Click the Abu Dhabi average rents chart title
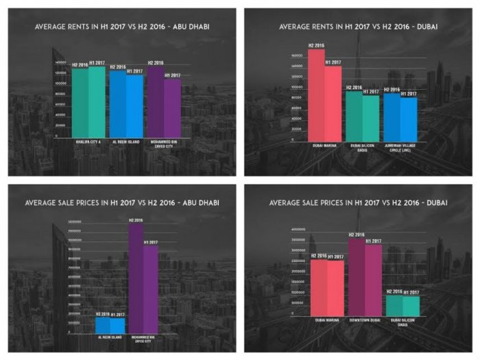122,27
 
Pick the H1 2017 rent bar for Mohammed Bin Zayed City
172,109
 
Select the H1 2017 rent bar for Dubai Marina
333,103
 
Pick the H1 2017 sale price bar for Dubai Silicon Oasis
411,306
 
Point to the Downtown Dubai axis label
364,320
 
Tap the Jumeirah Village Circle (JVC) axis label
400,148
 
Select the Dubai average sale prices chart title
359,202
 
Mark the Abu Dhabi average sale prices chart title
122,202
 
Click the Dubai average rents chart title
359,27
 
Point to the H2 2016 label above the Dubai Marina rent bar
316,45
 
